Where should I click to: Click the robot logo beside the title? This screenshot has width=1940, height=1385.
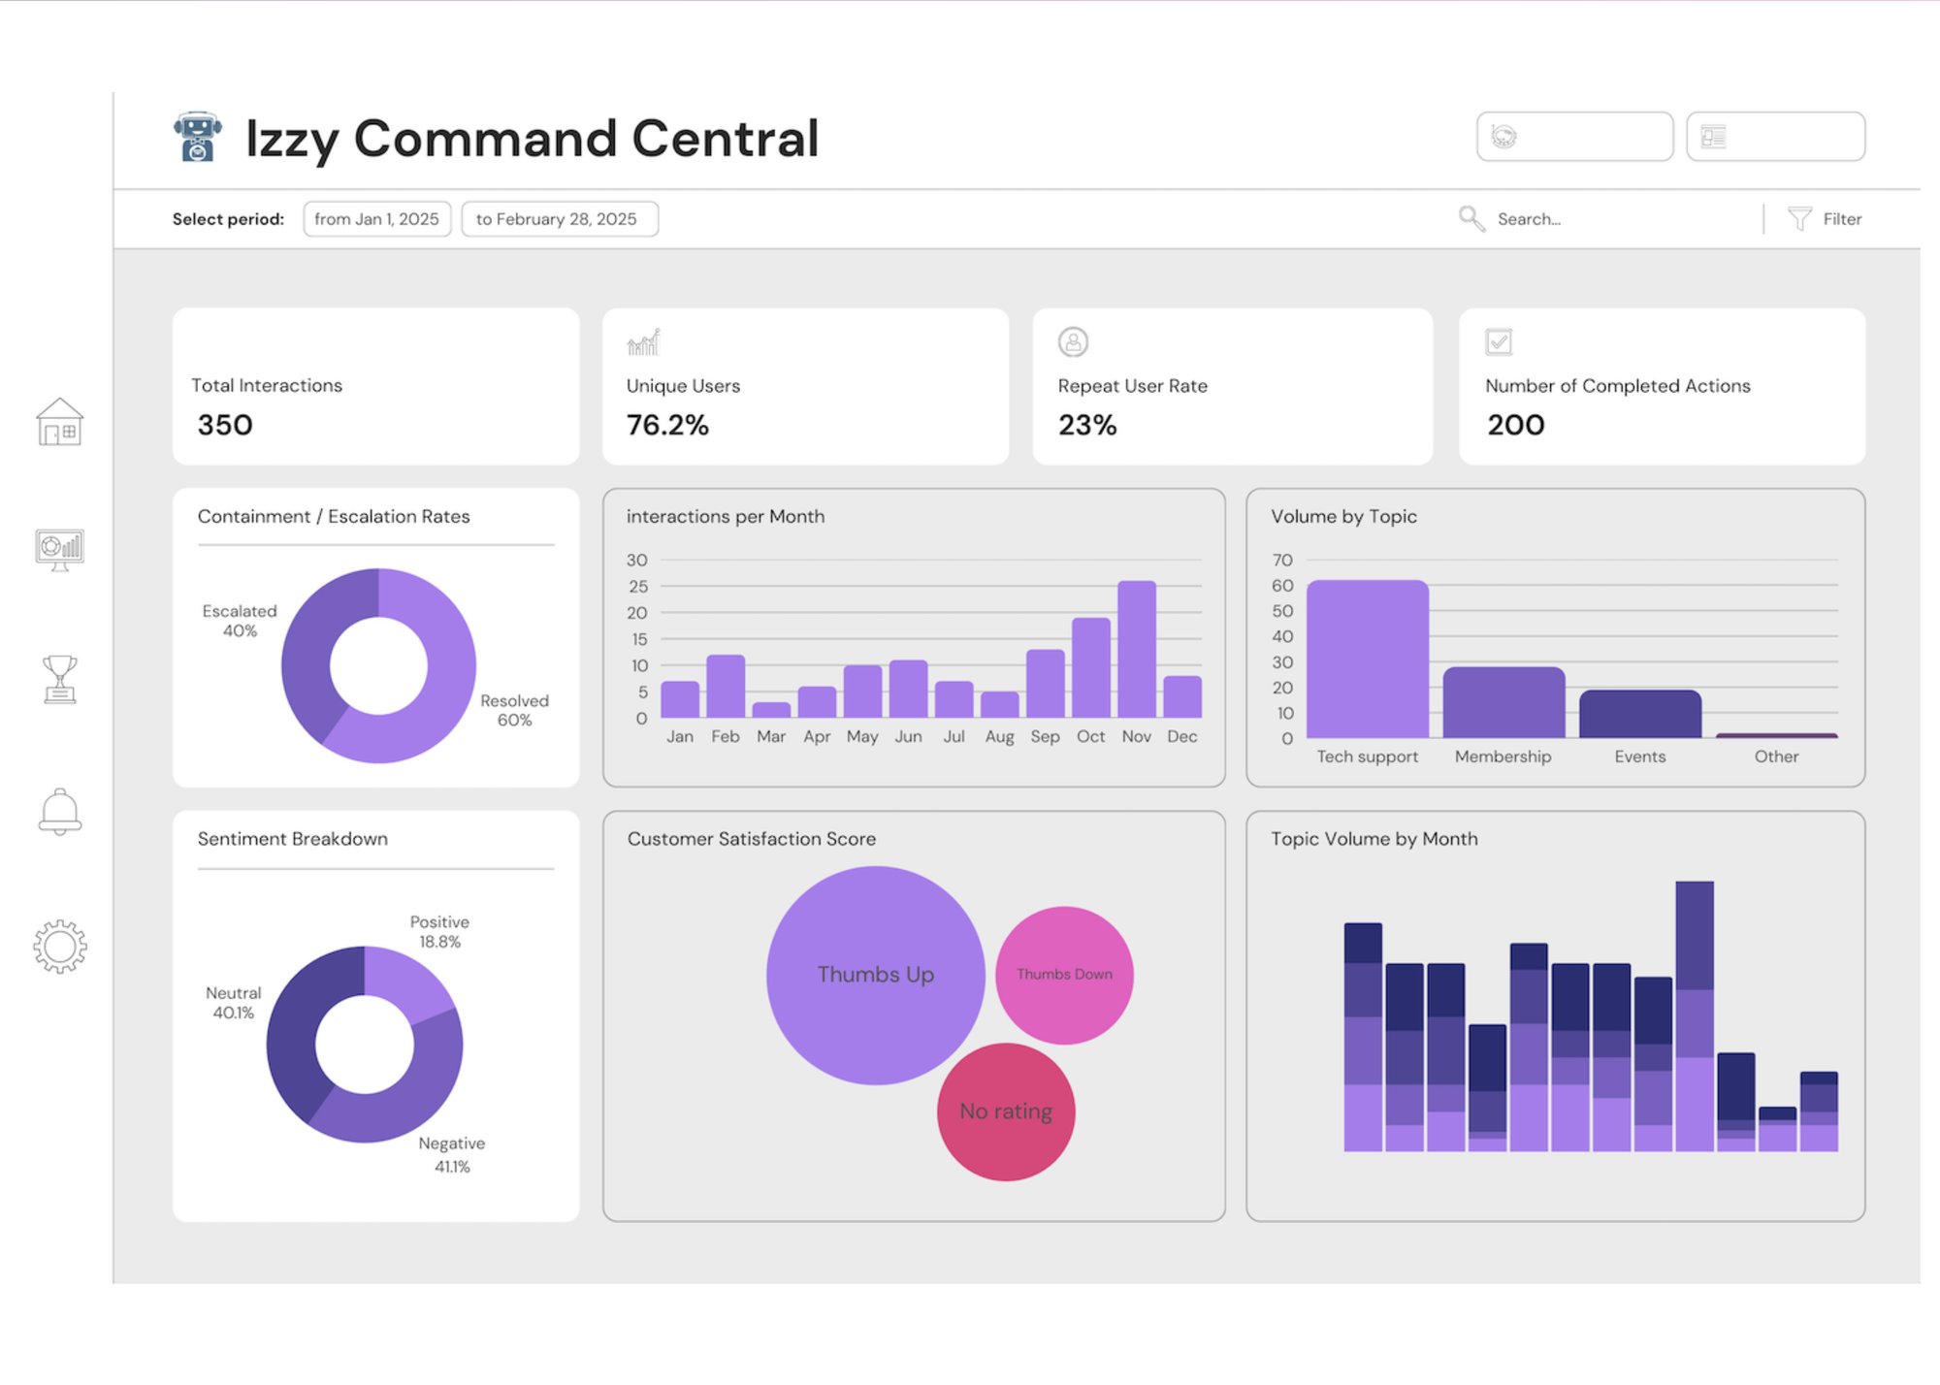(x=198, y=137)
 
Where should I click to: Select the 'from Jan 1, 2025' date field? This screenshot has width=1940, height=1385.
(x=376, y=219)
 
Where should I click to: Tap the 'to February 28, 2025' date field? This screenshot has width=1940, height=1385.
(x=559, y=219)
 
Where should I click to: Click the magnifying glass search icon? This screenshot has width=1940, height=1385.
(x=1471, y=218)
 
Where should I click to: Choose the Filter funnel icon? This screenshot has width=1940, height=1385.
(x=1799, y=218)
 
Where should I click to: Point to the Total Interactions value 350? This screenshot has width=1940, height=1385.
(x=225, y=425)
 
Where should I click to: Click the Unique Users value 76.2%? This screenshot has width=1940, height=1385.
(x=667, y=425)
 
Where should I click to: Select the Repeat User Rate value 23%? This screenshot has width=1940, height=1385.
(x=1087, y=425)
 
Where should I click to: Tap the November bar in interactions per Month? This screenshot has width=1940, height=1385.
(x=1136, y=650)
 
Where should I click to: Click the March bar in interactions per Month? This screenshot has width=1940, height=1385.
(x=771, y=710)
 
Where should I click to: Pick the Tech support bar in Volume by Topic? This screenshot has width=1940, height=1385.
(x=1367, y=660)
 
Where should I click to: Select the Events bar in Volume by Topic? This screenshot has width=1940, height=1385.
(x=1639, y=714)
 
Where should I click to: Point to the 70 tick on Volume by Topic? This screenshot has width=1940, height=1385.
(x=1282, y=561)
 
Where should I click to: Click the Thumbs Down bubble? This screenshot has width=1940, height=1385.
(x=1064, y=975)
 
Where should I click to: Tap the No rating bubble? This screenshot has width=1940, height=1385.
(x=1006, y=1111)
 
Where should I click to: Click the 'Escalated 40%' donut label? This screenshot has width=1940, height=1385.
(x=240, y=621)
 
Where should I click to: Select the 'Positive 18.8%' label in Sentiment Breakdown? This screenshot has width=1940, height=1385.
(x=439, y=931)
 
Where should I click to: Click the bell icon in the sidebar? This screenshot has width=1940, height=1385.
(x=60, y=811)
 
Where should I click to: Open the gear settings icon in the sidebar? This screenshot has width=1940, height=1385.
(x=60, y=946)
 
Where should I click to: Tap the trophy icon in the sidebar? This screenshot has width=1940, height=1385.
(x=60, y=678)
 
